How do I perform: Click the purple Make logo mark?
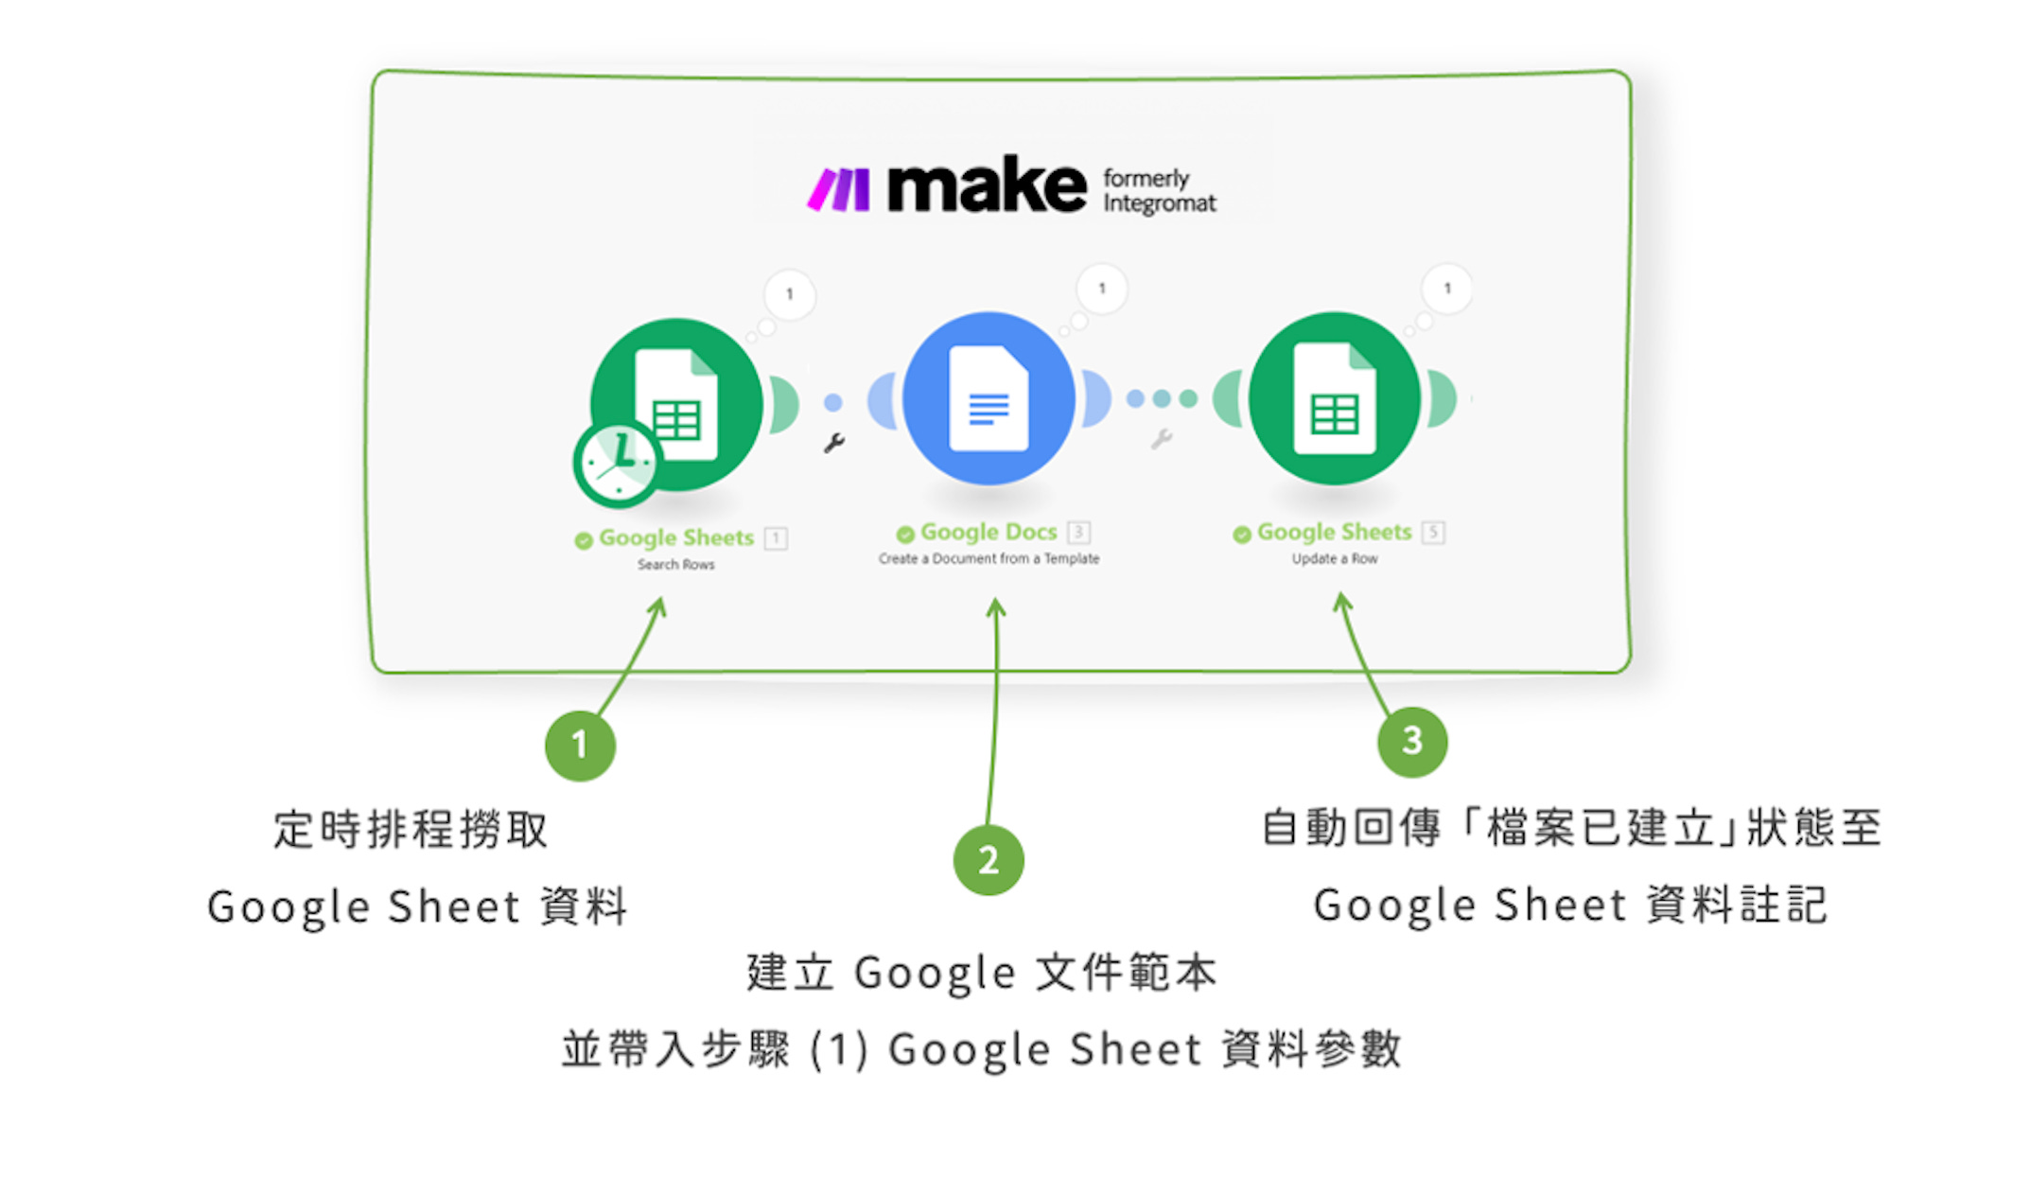pyautogui.click(x=838, y=189)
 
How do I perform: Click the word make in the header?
pyautogui.click(x=987, y=186)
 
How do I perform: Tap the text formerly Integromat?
pyautogui.click(x=1159, y=191)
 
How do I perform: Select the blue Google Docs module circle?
pyautogui.click(x=989, y=398)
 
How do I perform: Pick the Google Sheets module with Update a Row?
pyautogui.click(x=1334, y=398)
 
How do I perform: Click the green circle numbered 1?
pyautogui.click(x=580, y=746)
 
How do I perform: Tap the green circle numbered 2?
pyautogui.click(x=989, y=860)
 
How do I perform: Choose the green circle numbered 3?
pyautogui.click(x=1411, y=741)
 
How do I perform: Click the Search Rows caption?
pyautogui.click(x=675, y=565)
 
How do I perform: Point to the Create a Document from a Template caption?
pyautogui.click(x=989, y=559)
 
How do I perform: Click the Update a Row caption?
pyautogui.click(x=1335, y=559)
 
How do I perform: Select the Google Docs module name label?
pyautogui.click(x=988, y=533)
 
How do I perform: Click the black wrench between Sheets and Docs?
pyautogui.click(x=833, y=443)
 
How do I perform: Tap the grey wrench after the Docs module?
pyautogui.click(x=1162, y=439)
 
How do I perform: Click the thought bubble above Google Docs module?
pyautogui.click(x=1101, y=289)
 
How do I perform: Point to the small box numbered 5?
pyautogui.click(x=1433, y=533)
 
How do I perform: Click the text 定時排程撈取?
pyautogui.click(x=411, y=830)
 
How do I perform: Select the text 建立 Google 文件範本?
pyautogui.click(x=981, y=973)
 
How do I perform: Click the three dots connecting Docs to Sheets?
pyautogui.click(x=1162, y=399)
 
